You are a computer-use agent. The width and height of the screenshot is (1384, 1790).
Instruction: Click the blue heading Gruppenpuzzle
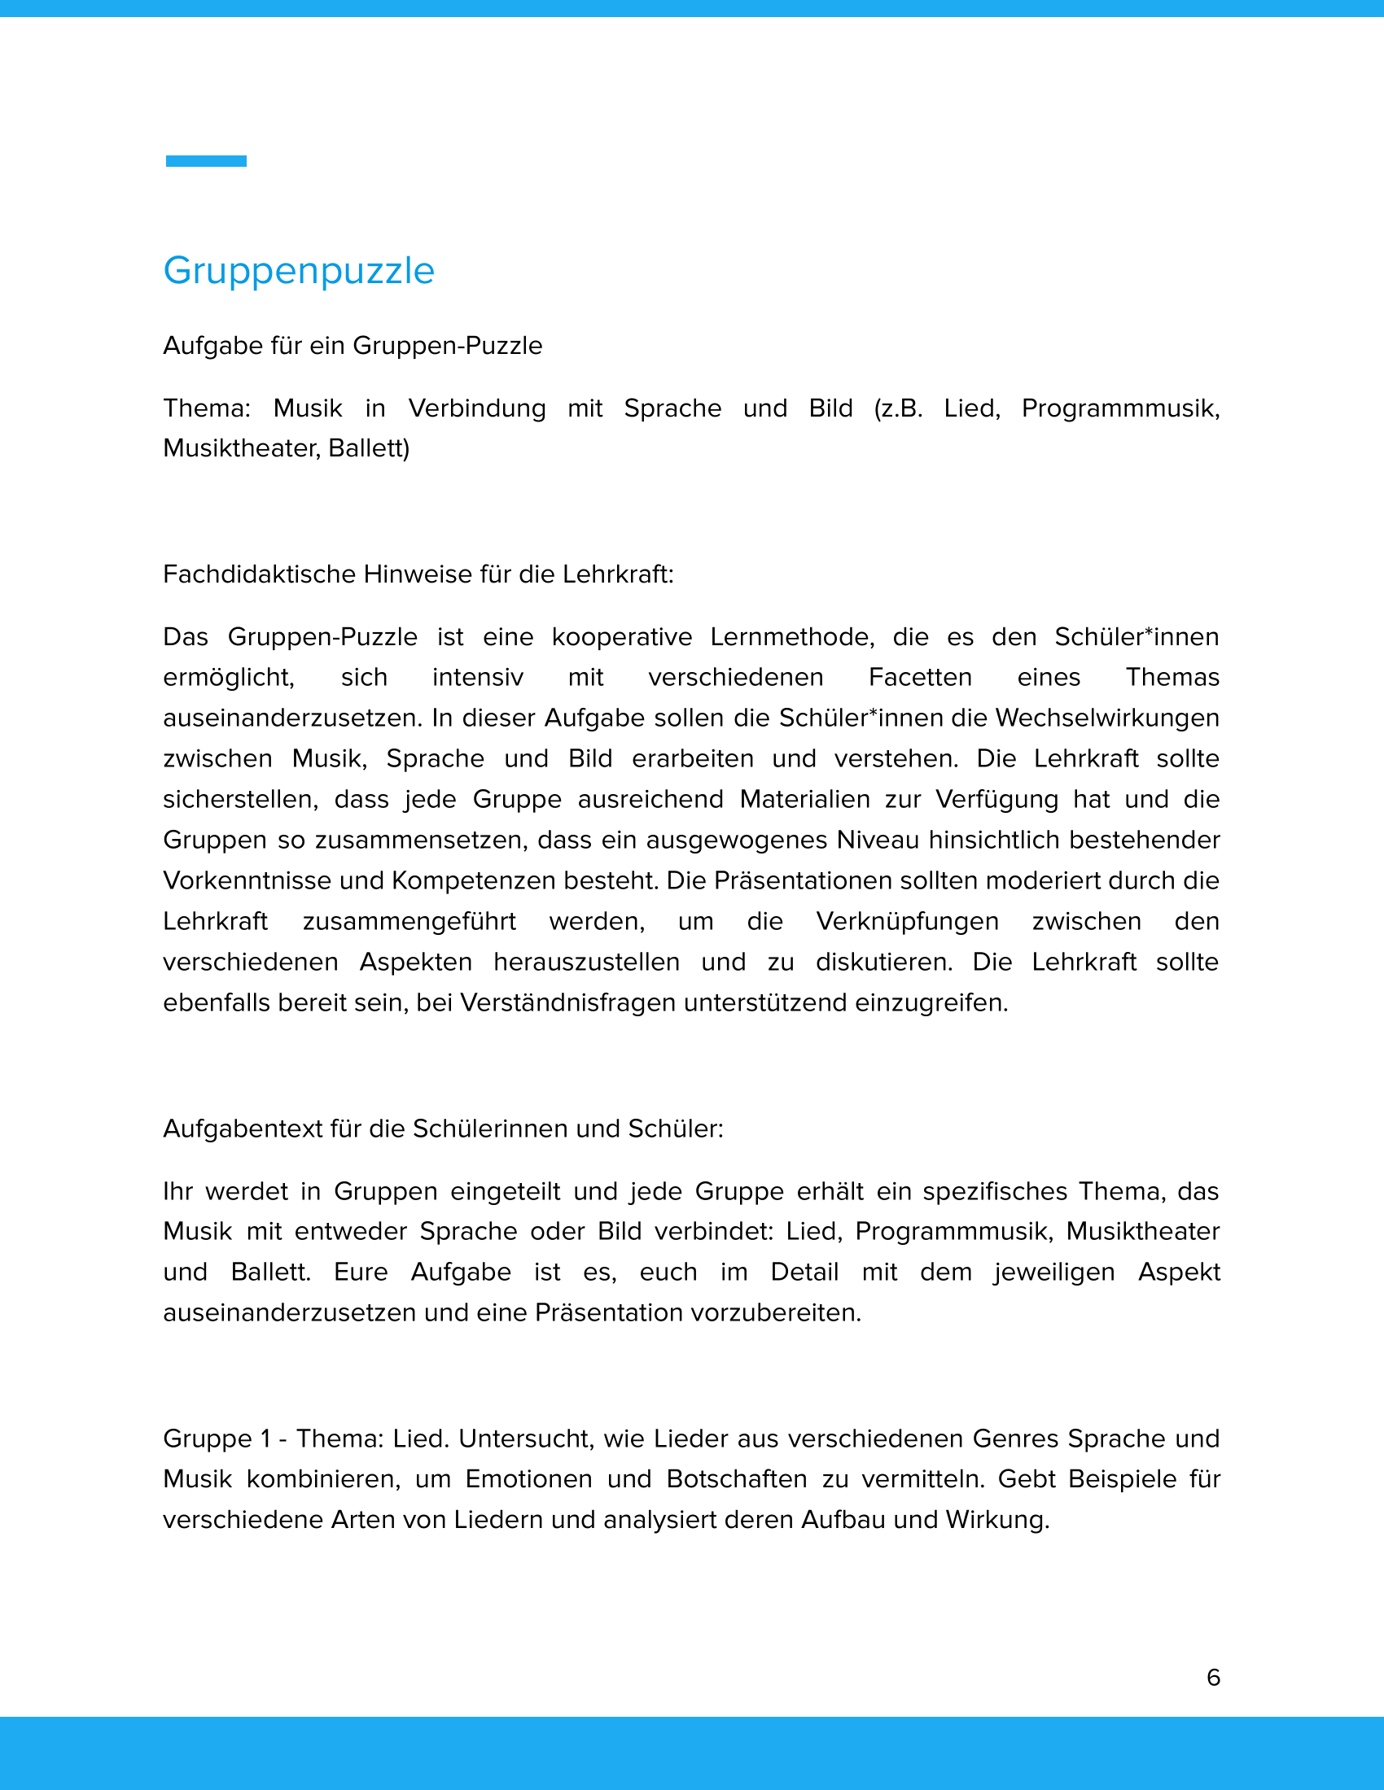(299, 270)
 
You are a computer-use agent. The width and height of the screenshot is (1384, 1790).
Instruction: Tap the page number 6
(1214, 1677)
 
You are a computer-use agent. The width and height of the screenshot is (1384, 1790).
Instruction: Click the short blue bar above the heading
(206, 160)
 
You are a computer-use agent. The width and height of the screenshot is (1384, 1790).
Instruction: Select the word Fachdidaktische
(260, 574)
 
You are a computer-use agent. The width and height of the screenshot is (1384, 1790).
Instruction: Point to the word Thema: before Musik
(207, 408)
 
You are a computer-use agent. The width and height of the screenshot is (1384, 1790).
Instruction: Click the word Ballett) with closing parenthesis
(368, 447)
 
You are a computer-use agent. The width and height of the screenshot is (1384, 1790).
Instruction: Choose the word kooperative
(621, 636)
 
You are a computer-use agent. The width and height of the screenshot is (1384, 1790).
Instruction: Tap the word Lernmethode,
(792, 636)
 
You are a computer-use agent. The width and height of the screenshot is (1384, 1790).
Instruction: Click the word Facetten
(920, 677)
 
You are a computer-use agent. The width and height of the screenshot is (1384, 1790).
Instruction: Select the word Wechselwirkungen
(1107, 717)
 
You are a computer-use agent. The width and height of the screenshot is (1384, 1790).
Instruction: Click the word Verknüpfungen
(907, 920)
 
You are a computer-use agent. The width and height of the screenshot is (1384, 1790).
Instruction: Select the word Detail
(804, 1271)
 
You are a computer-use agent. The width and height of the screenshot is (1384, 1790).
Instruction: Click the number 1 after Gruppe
(265, 1439)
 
